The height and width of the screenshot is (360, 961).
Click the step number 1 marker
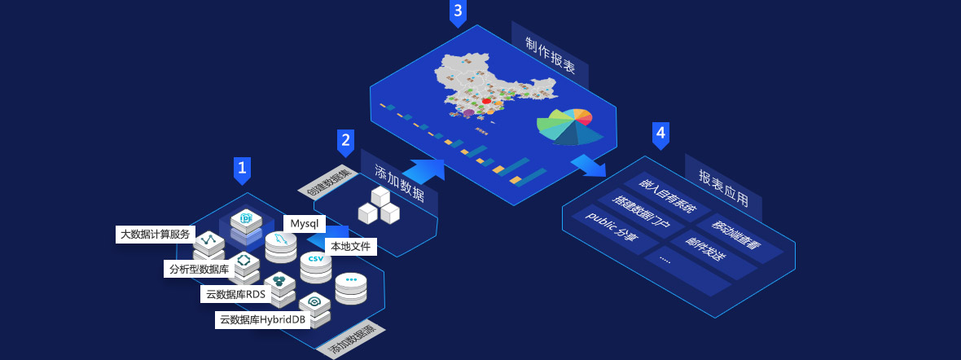242,169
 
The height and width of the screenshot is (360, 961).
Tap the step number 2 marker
345,141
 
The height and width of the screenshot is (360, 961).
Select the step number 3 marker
458,11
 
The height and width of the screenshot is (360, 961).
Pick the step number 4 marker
660,134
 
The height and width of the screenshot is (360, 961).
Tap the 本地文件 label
350,244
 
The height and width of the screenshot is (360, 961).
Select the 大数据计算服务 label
155,235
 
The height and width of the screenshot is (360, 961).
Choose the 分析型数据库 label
199,269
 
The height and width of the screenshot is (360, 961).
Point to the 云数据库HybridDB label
262,320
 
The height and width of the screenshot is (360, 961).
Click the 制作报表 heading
550,55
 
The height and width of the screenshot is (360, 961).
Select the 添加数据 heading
399,182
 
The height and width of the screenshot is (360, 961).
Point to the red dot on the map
486,101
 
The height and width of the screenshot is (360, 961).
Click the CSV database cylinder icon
316,265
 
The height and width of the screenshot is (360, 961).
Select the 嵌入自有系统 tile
666,196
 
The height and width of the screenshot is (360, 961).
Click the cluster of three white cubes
379,206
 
